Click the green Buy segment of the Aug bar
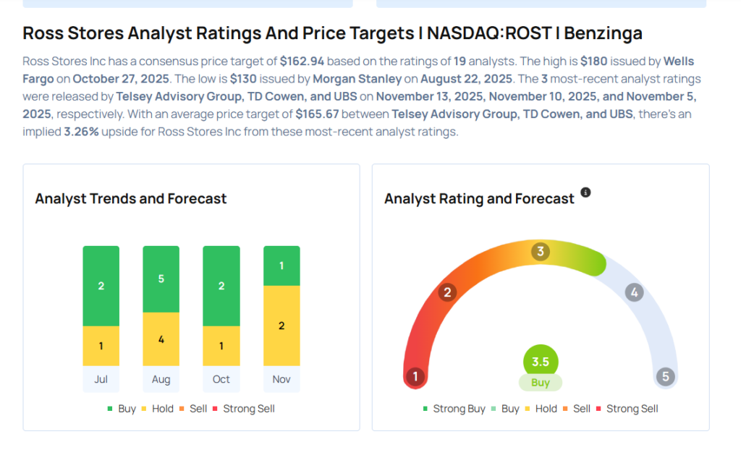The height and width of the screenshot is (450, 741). pos(161,279)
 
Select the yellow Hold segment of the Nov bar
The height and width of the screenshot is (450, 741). pos(281,326)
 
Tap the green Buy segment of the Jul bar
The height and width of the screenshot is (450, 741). pos(101,286)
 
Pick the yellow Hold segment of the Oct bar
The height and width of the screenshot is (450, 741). pos(221,346)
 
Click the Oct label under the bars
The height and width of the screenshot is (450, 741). pos(221,379)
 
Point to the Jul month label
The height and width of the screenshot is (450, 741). pos(101,379)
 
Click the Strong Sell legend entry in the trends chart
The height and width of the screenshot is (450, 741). pos(243,409)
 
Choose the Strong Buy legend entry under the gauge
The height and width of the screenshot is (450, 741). pos(454,409)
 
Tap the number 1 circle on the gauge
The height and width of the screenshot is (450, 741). pos(415,377)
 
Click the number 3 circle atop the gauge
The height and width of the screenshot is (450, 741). pos(540,252)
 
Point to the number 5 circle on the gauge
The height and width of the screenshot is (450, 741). pos(664,377)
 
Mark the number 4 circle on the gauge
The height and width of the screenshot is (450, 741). pos(634,292)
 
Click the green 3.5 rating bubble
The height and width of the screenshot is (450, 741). pos(541,362)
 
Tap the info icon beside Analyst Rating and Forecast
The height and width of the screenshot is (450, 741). pos(585,192)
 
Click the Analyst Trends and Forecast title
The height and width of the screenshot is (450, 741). pos(131,198)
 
